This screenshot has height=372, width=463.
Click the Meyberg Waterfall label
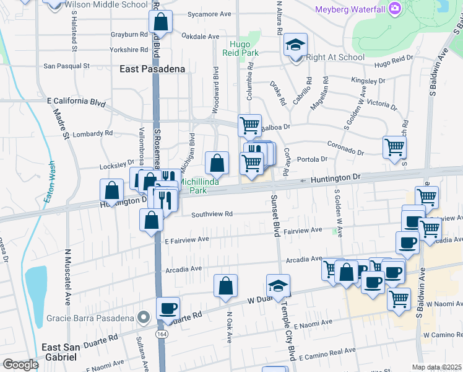[x=350, y=9]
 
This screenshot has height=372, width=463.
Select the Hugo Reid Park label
[x=244, y=49]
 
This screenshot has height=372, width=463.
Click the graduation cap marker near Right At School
[x=296, y=45]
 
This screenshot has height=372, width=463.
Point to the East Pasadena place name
[x=152, y=69]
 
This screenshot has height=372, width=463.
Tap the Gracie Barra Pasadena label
[x=90, y=318]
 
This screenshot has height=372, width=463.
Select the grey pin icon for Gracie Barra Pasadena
[x=144, y=318]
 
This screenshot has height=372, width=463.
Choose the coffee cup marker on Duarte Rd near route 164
[x=167, y=308]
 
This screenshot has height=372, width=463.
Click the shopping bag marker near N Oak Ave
[x=226, y=286]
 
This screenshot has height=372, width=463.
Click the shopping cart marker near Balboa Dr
[x=249, y=125]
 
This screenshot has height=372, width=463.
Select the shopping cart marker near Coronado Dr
[x=394, y=148]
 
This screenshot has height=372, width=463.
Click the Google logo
[x=20, y=365]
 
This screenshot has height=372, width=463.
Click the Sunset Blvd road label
[x=274, y=217]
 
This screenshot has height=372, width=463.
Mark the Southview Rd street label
[x=212, y=214]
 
